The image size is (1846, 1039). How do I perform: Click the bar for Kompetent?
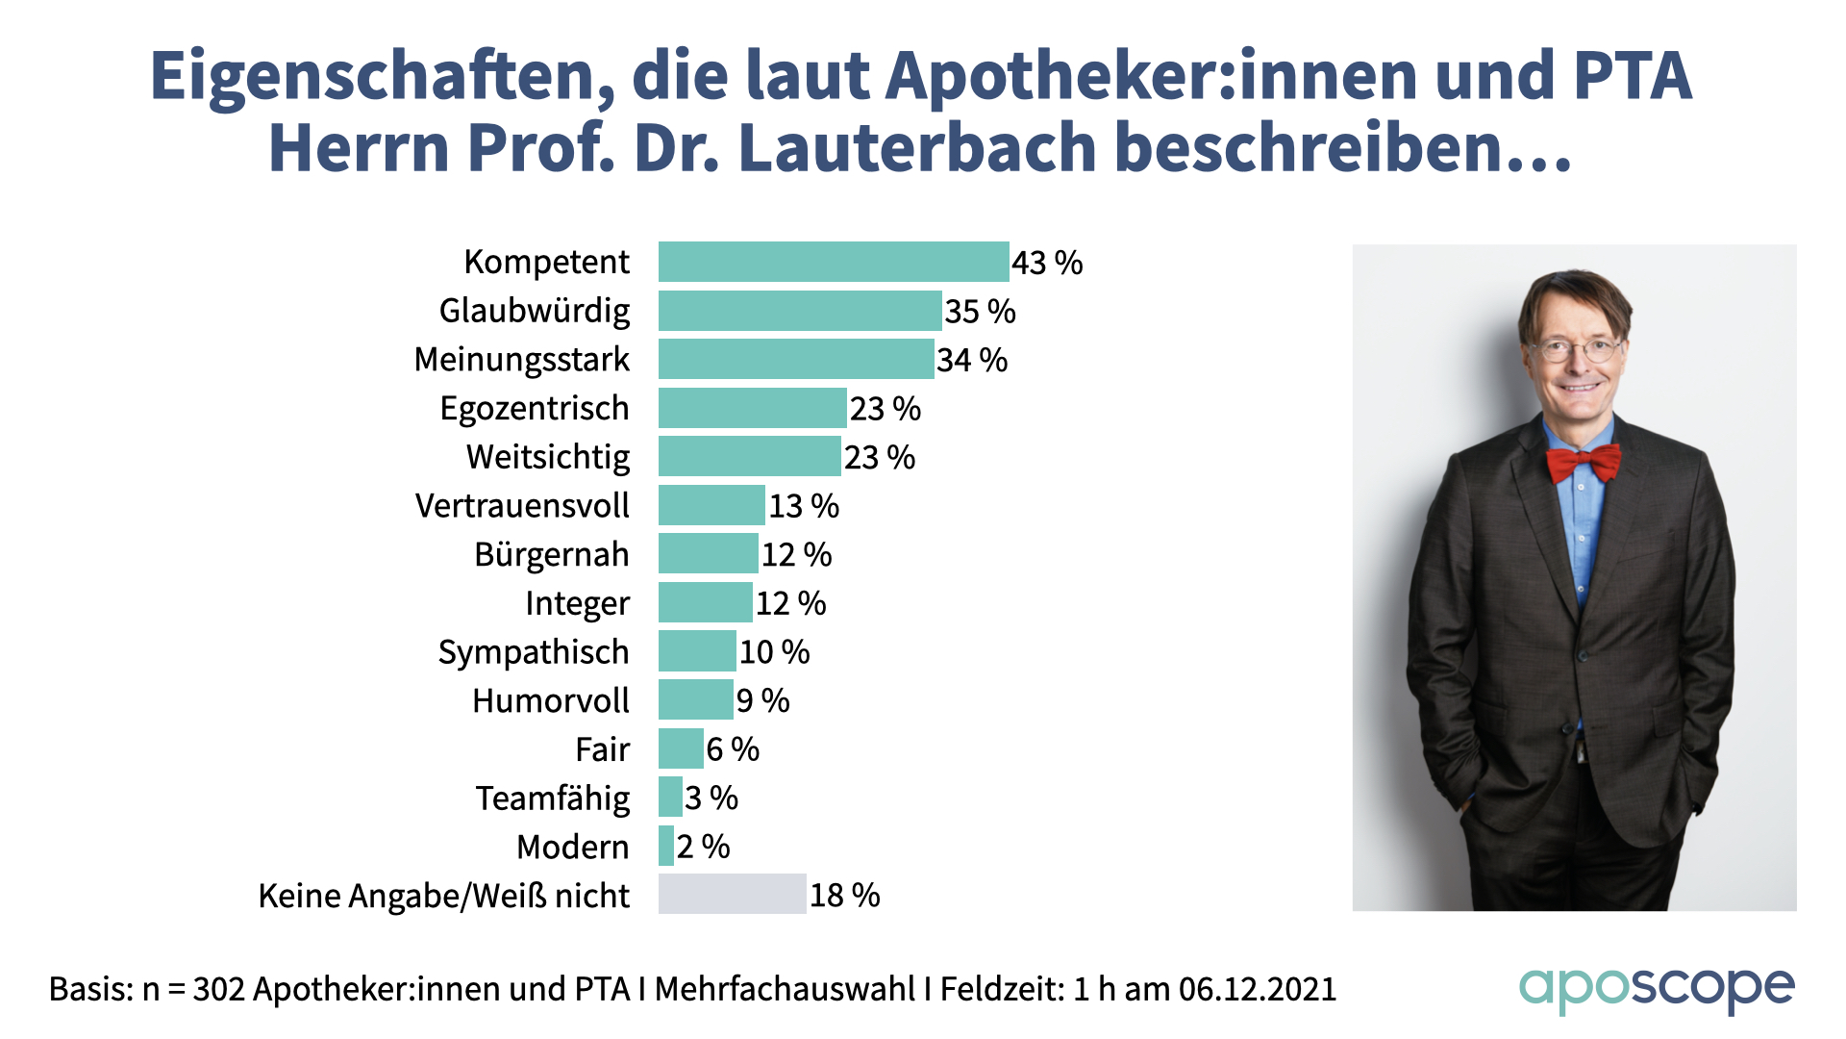coord(834,262)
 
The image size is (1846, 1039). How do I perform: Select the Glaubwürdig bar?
coord(800,311)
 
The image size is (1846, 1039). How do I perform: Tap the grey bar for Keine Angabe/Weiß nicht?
coord(732,895)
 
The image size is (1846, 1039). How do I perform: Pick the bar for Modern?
coord(666,847)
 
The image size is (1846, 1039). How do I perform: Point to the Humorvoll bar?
coord(695,700)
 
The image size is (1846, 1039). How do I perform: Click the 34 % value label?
coord(972,361)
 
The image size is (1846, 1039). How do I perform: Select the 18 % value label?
coord(844,896)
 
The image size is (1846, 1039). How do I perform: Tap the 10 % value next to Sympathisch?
coord(774,652)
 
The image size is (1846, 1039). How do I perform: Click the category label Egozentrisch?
coord(535,409)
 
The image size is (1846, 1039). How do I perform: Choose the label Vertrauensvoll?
coord(522,506)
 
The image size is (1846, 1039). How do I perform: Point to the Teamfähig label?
coord(553,798)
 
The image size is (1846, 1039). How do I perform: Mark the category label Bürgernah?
coord(552,555)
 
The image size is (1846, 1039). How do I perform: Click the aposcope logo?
coord(1656,989)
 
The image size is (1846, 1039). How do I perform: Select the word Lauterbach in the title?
coord(917,148)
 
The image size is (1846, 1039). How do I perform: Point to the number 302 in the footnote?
coord(218,989)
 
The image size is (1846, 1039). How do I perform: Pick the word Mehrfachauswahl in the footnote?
coord(785,989)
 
